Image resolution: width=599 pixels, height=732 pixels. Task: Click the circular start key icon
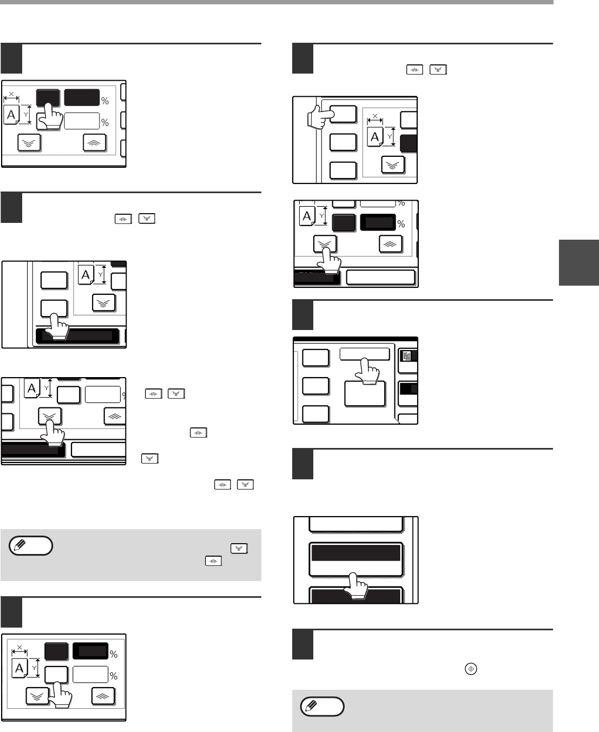pyautogui.click(x=471, y=669)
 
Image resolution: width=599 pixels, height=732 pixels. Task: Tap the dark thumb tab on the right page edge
pyautogui.click(x=579, y=262)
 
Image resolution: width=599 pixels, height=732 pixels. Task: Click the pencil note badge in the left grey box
pyautogui.click(x=31, y=545)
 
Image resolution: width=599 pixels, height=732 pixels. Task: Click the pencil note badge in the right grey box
pyautogui.click(x=322, y=707)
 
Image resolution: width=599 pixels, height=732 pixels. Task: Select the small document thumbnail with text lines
pyautogui.click(x=406, y=356)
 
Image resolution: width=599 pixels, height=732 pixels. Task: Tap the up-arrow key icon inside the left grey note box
pyautogui.click(x=213, y=561)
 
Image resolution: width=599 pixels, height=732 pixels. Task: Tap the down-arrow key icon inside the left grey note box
pyautogui.click(x=239, y=549)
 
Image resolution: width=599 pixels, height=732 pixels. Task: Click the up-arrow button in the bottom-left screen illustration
pyautogui.click(x=103, y=696)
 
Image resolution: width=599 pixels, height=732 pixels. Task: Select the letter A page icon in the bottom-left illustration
pyautogui.click(x=19, y=668)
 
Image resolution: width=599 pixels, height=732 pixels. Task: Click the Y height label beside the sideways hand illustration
pyautogui.click(x=390, y=137)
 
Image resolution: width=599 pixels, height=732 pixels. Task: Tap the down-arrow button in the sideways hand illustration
pyautogui.click(x=393, y=165)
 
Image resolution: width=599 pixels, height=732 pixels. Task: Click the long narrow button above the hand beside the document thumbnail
pyautogui.click(x=365, y=354)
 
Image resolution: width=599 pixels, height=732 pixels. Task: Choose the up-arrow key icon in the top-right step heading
pyautogui.click(x=414, y=70)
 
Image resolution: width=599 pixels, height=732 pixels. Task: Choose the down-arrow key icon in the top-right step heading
pyautogui.click(x=438, y=70)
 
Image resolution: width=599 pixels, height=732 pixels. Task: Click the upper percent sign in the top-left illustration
pyautogui.click(x=105, y=101)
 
